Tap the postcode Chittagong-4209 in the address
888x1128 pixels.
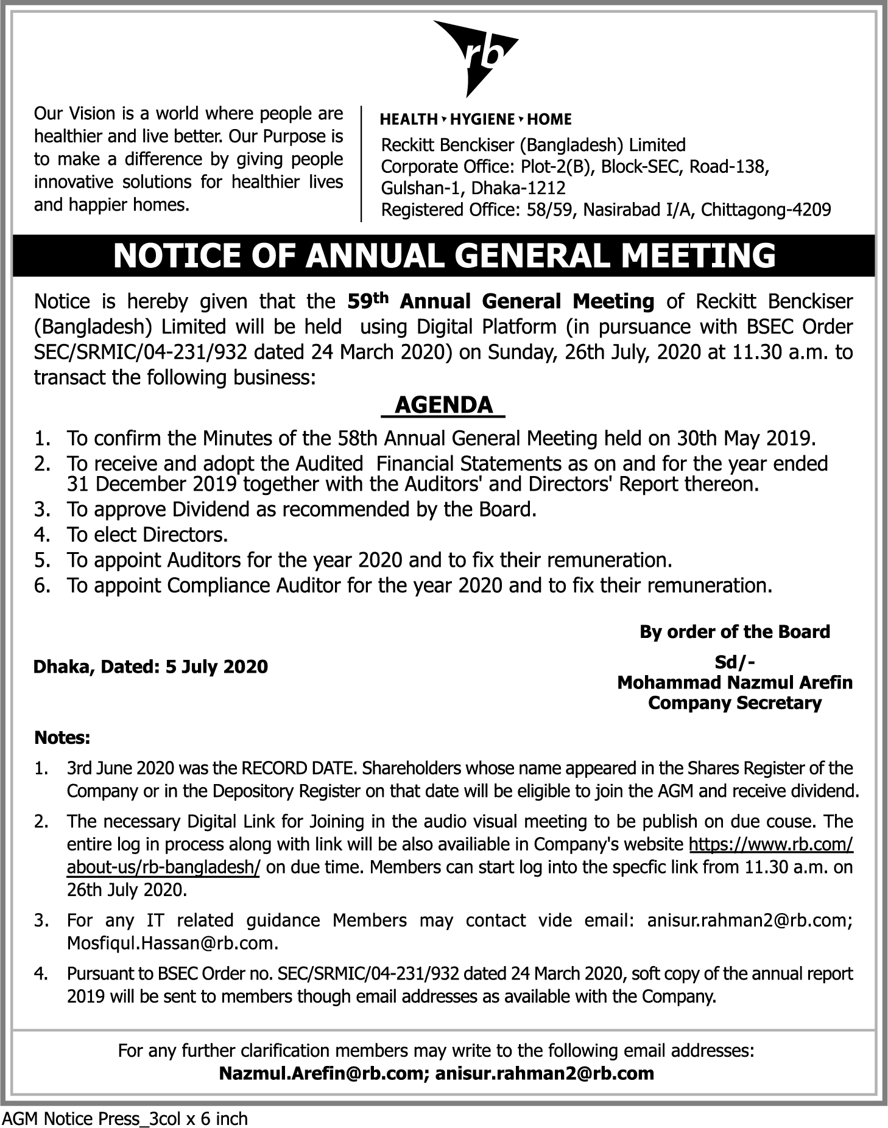pos(766,210)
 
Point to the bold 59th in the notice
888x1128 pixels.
pos(367,301)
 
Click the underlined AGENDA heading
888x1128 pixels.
pos(443,405)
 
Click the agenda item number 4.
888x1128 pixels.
pos(41,535)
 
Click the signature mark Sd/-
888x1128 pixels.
pos(735,662)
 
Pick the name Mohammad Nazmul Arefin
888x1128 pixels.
pos(735,682)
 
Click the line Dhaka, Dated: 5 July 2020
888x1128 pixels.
pos(150,667)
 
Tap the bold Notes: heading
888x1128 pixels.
pos(62,738)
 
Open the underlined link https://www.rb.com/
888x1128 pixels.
pos(770,845)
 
